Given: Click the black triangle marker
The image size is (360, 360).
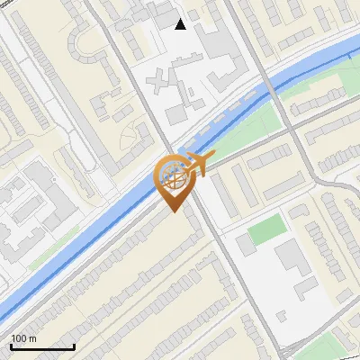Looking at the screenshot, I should (181, 24).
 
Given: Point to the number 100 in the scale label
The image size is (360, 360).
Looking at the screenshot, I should (19, 338).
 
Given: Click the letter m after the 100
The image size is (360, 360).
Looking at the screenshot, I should (32, 338).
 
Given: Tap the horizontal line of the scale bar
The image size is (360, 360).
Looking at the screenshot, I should (41, 346).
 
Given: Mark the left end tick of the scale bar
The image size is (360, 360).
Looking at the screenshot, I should (11, 345).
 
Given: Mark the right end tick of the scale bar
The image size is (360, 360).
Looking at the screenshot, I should (74, 345).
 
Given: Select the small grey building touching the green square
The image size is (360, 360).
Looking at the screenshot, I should (246, 244).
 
